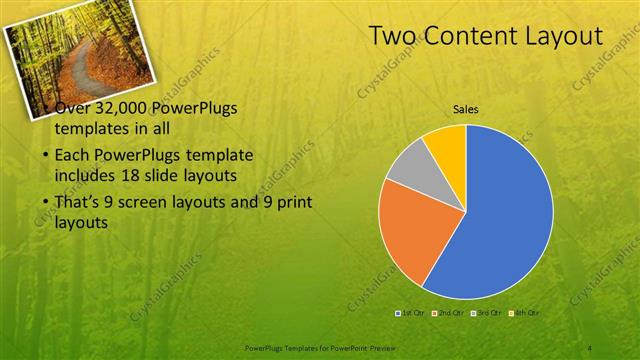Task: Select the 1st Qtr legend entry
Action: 411,313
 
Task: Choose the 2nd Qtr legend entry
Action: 449,313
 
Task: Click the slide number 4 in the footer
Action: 591,346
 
